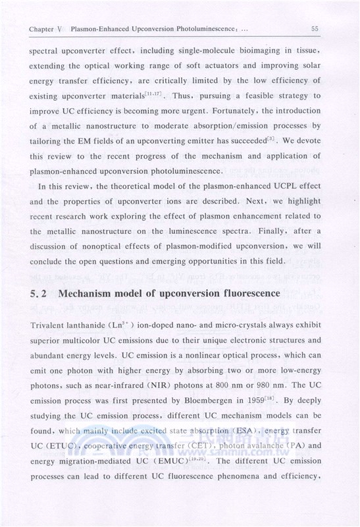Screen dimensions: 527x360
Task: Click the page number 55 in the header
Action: [x=315, y=28]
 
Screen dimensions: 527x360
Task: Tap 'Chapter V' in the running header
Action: [x=41, y=29]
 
